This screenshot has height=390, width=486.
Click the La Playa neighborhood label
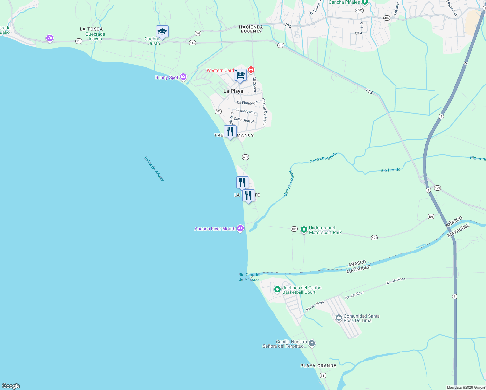pos(233,91)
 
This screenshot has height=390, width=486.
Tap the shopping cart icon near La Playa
pos(240,75)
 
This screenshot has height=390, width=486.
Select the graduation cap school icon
pos(162,32)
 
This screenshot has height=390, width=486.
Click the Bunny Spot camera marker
pos(183,77)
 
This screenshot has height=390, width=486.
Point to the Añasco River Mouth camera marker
pos(240,228)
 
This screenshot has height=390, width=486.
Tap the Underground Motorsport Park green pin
pos(304,230)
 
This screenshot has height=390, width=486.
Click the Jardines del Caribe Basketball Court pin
pos(277,289)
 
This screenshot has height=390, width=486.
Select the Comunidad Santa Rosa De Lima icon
pos(339,318)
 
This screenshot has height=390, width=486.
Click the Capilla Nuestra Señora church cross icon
pos(312,343)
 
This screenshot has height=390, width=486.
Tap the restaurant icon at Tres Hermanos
pos(230,132)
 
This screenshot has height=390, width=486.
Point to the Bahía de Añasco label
pos(155,169)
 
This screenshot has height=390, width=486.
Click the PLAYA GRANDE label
pos(318,366)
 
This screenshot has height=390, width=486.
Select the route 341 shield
pos(323,376)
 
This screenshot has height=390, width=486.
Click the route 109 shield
pos(437,188)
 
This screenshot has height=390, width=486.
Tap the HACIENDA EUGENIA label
pos(251,29)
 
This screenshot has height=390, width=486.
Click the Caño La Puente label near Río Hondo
pos(323,158)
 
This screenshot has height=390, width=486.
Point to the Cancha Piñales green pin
pos(364,2)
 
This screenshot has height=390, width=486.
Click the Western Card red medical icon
pos(251,70)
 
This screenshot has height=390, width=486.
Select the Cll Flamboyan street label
pos(248,103)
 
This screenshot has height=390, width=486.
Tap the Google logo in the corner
pos(11,386)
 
